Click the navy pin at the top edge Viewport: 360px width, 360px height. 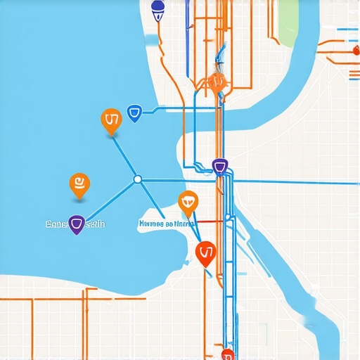click(158, 10)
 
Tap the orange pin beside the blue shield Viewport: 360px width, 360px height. click(111, 122)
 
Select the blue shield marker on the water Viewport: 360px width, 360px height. click(135, 112)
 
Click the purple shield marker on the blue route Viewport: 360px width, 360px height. click(221, 167)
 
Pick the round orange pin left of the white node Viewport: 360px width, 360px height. click(79, 184)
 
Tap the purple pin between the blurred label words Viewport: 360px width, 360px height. click(76, 225)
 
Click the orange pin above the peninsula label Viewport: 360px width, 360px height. click(188, 202)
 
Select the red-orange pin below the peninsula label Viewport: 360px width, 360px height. click(205, 252)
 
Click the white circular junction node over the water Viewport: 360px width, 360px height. click(138, 179)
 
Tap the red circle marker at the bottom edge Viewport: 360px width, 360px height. click(227, 354)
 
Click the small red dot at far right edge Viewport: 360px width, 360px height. click(353, 51)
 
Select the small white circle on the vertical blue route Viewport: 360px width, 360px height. click(227, 217)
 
